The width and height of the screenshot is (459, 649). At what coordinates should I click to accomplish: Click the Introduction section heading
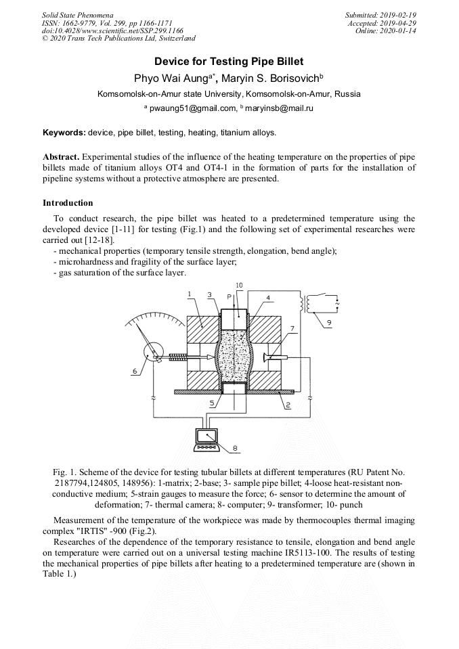coord(68,203)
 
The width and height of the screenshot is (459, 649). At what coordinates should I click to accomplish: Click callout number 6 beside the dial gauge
coord(135,372)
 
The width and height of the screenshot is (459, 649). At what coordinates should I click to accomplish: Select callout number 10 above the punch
coord(239,285)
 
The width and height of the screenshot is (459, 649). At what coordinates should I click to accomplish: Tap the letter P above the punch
coord(230,297)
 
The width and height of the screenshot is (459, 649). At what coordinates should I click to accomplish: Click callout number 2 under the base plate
coord(287,405)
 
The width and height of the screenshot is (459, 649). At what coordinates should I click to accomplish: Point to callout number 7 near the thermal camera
coord(292,329)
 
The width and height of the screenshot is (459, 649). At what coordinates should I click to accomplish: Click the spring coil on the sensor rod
coord(178,357)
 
